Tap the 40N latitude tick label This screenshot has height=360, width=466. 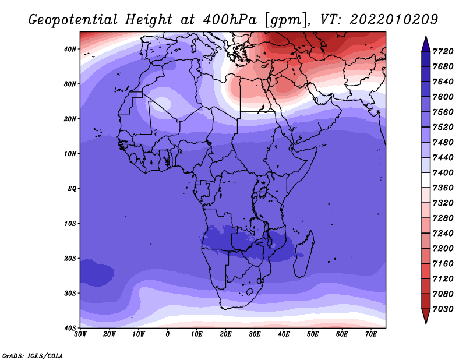point(70,49)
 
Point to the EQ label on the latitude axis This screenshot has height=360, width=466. point(71,189)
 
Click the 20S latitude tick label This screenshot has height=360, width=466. point(70,258)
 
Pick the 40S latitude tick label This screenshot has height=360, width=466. point(70,328)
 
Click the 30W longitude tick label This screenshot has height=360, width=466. point(80,334)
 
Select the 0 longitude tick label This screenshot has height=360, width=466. point(168,334)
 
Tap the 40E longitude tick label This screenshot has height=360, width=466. point(284,334)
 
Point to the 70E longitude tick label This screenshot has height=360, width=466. point(371,334)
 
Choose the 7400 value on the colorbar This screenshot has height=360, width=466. point(444,173)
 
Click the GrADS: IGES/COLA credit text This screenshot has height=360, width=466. point(32,355)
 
